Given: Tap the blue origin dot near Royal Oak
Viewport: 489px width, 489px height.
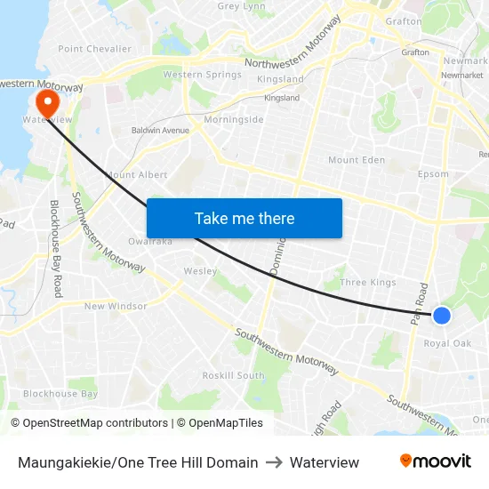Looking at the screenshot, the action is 441,315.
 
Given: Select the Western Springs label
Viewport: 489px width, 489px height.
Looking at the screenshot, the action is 202,75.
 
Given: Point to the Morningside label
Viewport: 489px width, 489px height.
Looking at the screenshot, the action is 234,119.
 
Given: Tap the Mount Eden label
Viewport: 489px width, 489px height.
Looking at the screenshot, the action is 357,160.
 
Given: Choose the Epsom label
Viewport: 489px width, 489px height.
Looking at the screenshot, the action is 433,174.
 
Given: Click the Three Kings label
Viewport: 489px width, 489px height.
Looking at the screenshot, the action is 368,283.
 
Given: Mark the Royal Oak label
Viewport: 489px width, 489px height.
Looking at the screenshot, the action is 447,343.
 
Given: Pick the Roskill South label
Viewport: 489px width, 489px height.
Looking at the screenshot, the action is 233,375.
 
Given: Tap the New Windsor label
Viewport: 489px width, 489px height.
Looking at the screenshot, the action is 116,306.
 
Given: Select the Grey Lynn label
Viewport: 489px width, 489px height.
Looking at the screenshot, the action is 242,6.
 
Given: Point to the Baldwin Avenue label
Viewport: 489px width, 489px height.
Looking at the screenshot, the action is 161,131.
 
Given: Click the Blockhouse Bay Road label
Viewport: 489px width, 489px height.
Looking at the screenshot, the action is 56,248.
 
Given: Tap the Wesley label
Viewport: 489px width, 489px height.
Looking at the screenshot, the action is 200,271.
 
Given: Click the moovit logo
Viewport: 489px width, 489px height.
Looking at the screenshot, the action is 435,461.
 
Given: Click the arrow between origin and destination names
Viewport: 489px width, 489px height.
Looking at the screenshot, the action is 274,462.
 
